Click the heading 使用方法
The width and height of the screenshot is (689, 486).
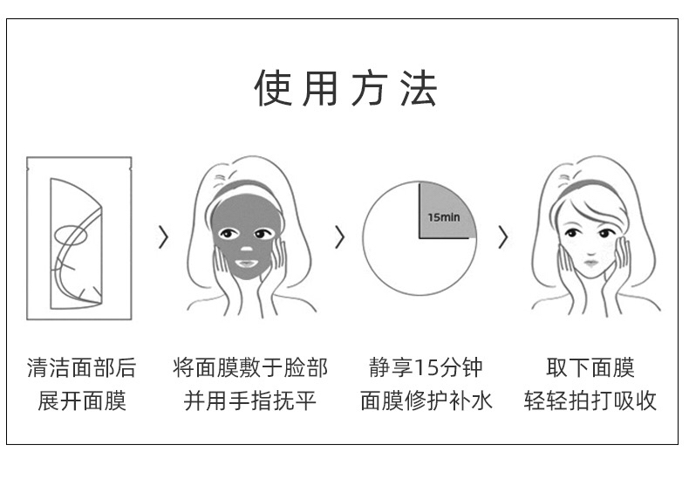[345, 90]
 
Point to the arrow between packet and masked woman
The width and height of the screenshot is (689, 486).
[163, 236]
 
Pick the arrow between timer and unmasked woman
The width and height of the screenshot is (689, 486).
[502, 236]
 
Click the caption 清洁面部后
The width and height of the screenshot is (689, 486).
[81, 367]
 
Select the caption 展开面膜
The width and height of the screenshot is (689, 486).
[81, 400]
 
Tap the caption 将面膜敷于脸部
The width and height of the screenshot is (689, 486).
[250, 367]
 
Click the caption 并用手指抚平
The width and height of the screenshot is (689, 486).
[250, 400]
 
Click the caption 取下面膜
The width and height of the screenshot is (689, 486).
[590, 367]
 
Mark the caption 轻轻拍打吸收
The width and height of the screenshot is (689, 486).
[590, 400]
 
